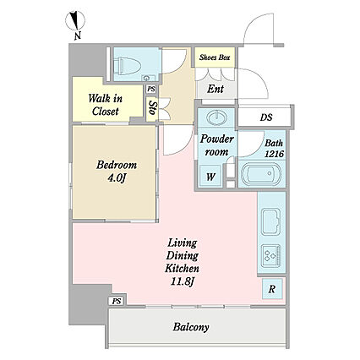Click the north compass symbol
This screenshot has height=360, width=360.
pyautogui.click(x=75, y=24)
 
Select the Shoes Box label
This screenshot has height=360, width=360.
pyautogui.click(x=215, y=57)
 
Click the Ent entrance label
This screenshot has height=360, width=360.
pyautogui.click(x=215, y=90)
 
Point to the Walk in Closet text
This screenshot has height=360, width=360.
pyautogui.click(x=105, y=105)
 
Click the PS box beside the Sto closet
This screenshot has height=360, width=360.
pyautogui.click(x=151, y=89)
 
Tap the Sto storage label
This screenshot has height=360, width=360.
pyautogui.click(x=152, y=107)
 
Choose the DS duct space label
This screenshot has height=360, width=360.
pyautogui.click(x=266, y=117)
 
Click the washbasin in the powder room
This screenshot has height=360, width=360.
pyautogui.click(x=216, y=117)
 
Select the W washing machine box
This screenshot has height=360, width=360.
pyautogui.click(x=210, y=177)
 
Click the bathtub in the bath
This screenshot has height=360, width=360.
pyautogui.click(x=262, y=173)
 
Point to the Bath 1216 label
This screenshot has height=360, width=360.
pyautogui.click(x=274, y=149)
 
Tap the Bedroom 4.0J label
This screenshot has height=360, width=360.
pyautogui.click(x=117, y=172)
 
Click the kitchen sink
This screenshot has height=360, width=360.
pyautogui.click(x=271, y=222)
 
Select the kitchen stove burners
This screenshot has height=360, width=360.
pyautogui.click(x=271, y=256)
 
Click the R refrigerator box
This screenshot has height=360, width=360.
pyautogui.click(x=272, y=289)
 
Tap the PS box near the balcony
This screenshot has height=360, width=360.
pyautogui.click(x=117, y=301)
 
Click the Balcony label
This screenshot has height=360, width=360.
pyautogui.click(x=191, y=327)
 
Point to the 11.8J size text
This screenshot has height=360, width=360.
pyautogui.click(x=183, y=281)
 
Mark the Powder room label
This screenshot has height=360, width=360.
pyautogui.click(x=216, y=145)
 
